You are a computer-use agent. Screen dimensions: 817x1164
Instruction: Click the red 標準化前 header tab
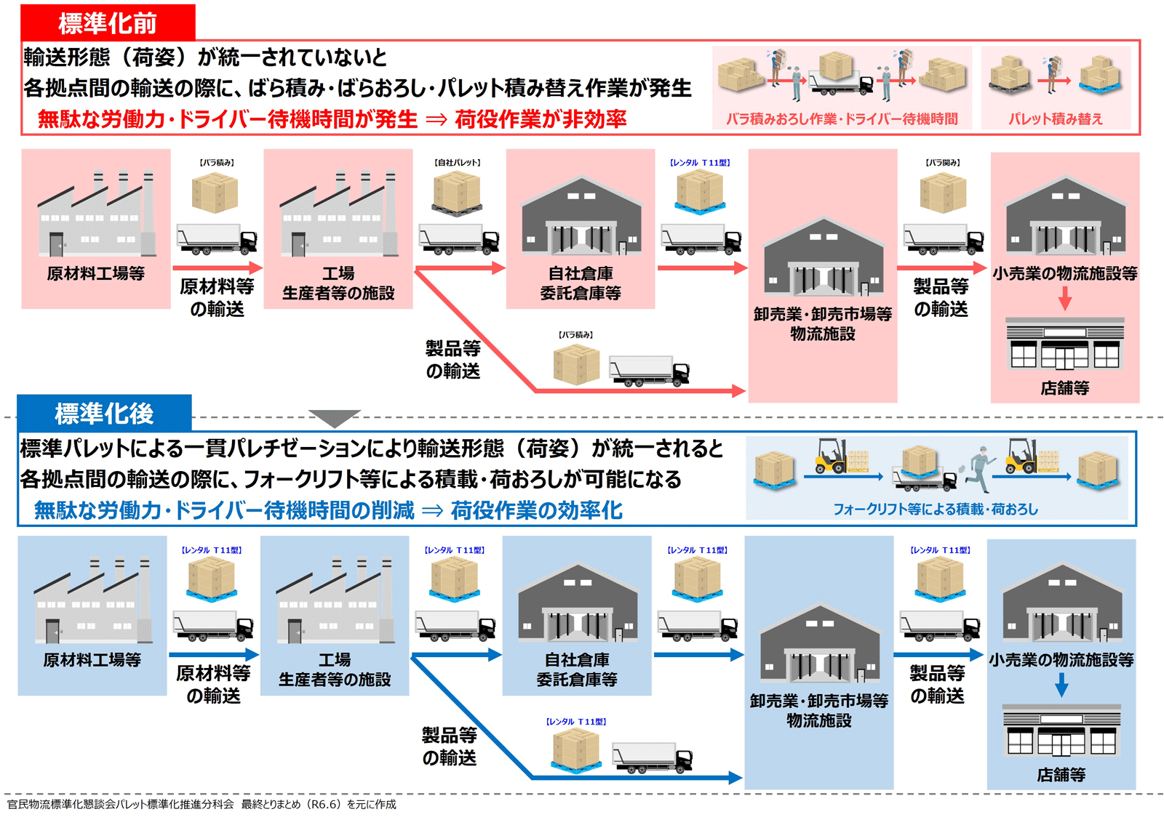(x=108, y=23)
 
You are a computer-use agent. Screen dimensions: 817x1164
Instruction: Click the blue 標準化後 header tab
(x=104, y=413)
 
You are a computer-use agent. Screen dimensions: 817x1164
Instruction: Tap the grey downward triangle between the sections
(x=335, y=418)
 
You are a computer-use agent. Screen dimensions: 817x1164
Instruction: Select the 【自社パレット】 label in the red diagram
(x=458, y=163)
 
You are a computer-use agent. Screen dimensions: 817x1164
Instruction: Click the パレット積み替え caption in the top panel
(x=1055, y=118)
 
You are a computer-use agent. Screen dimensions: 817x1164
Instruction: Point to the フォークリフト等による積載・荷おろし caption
(x=935, y=509)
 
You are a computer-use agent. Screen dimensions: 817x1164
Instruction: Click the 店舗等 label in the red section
(x=1064, y=388)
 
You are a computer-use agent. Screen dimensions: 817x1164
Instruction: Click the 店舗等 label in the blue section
(x=1061, y=775)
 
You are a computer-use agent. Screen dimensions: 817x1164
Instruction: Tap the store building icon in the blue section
(x=1061, y=731)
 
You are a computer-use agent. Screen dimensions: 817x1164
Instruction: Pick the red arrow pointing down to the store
(x=1064, y=297)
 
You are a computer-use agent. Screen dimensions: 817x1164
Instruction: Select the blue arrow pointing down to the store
(x=1061, y=684)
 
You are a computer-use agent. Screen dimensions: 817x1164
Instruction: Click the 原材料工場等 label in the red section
(x=95, y=273)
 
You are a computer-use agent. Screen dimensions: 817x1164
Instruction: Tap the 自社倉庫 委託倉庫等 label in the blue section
(x=577, y=669)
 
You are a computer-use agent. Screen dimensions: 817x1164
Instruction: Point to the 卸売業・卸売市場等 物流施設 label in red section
(x=823, y=323)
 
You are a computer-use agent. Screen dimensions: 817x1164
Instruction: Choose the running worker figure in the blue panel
(x=980, y=469)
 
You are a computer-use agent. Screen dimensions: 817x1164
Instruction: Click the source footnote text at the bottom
(x=202, y=804)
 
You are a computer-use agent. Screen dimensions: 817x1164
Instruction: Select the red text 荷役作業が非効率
(x=541, y=118)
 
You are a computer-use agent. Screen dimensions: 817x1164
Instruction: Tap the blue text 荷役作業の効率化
(x=536, y=510)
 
